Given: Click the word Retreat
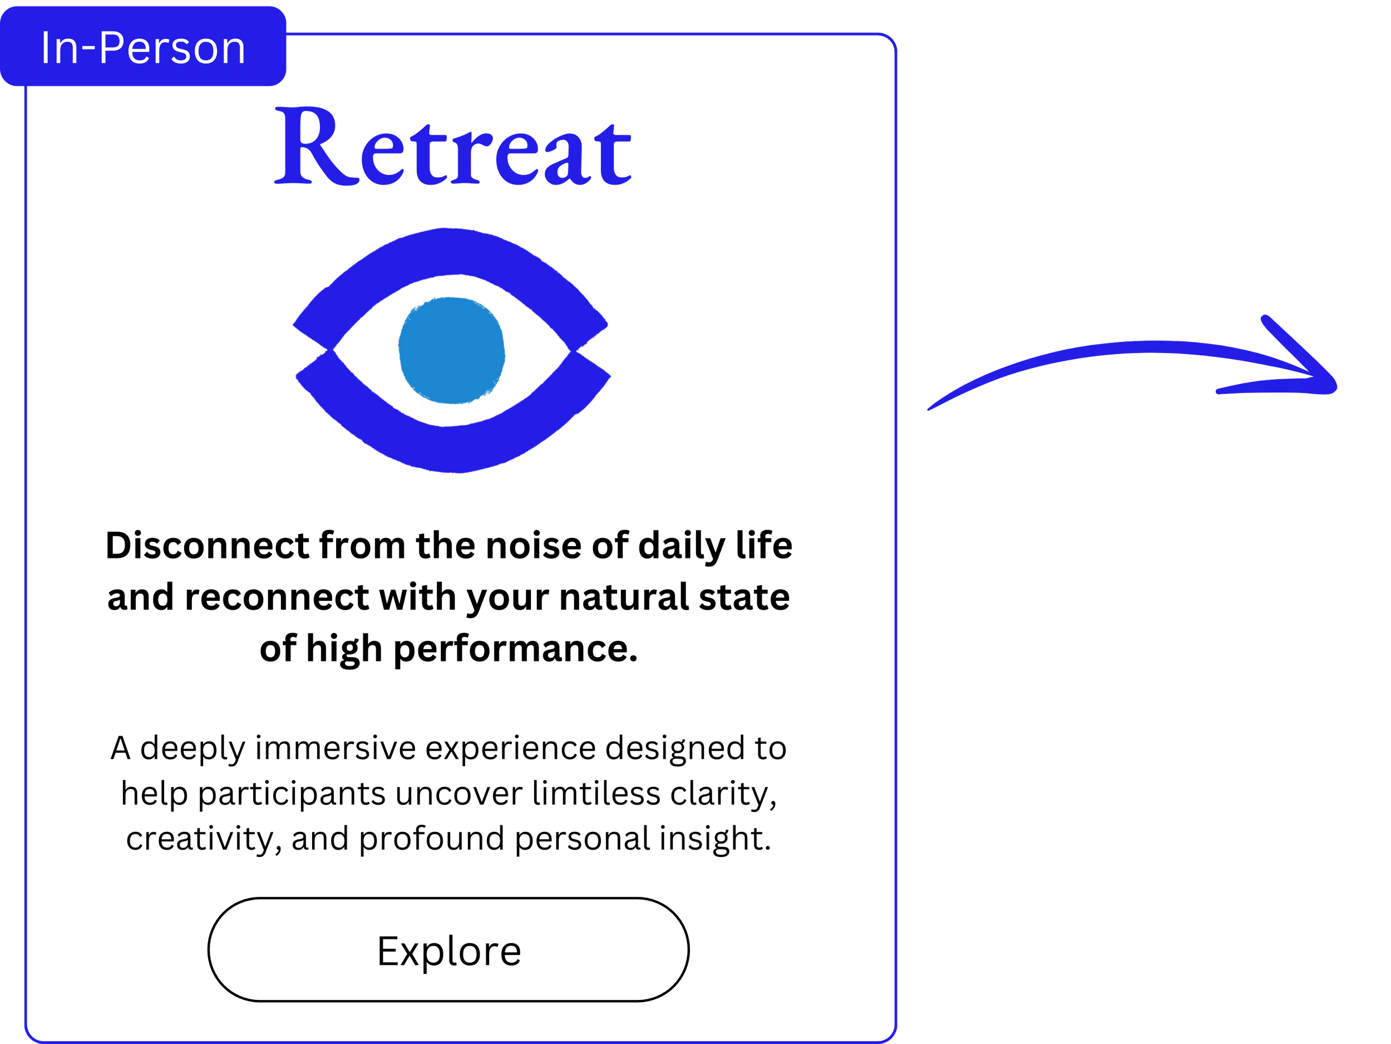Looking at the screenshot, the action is (x=453, y=149).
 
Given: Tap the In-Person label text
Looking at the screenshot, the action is (x=143, y=48).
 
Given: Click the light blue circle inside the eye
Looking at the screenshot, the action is (x=451, y=350).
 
